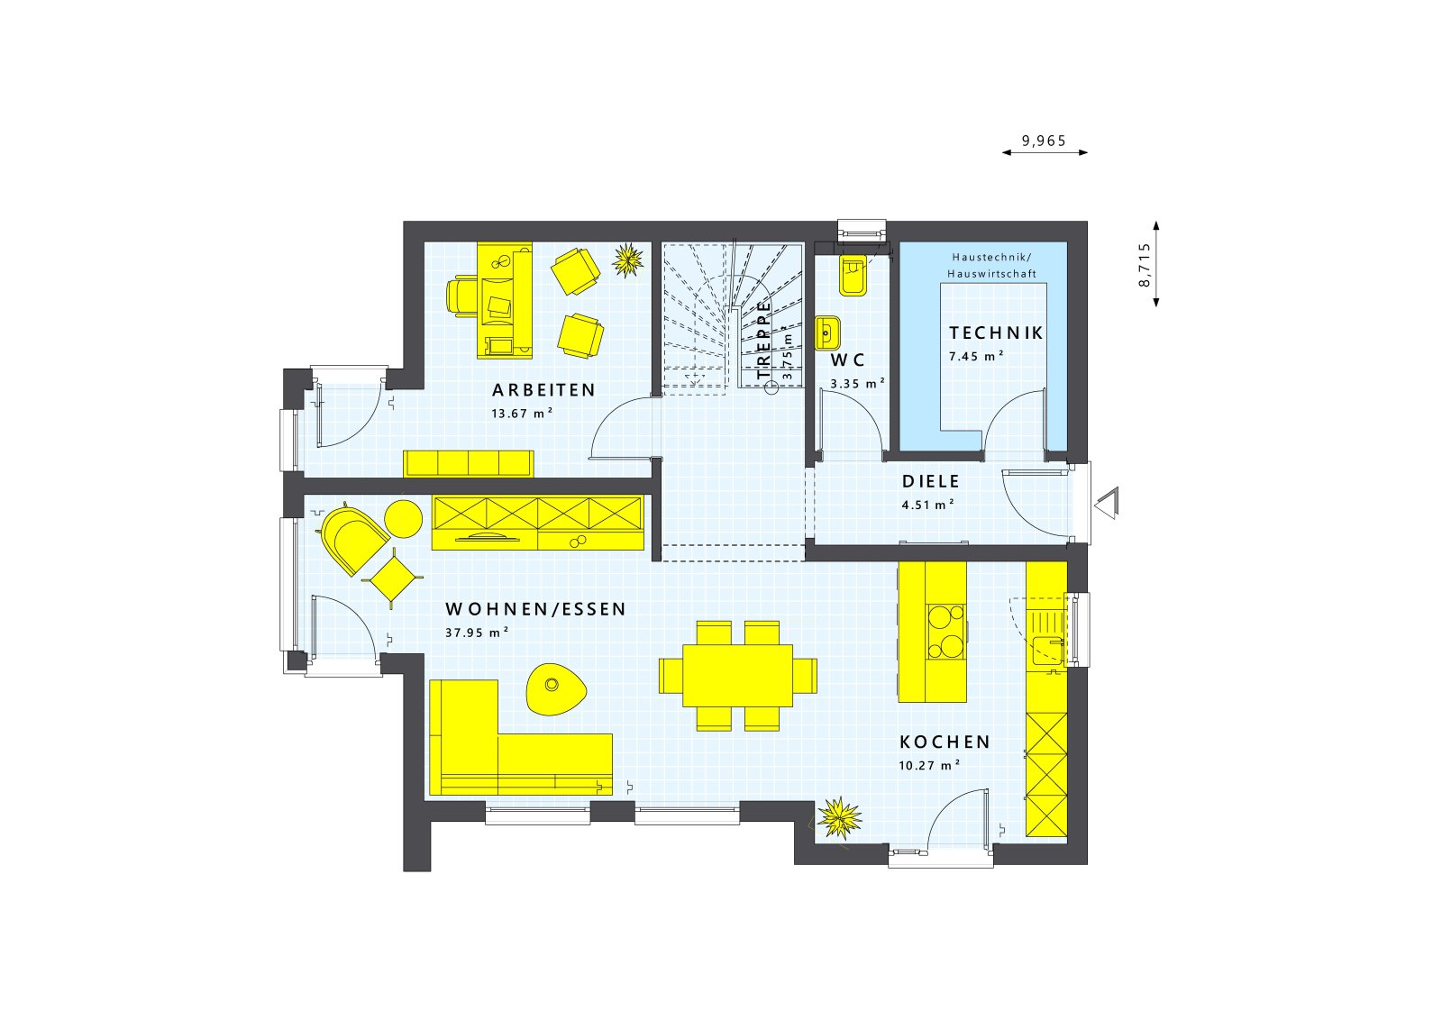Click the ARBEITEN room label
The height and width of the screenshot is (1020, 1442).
tap(543, 390)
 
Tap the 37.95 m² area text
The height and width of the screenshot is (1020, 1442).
tap(477, 633)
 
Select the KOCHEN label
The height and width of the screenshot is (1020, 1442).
tap(945, 742)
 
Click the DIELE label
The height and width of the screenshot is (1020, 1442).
tap(931, 482)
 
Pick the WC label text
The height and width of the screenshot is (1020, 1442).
tap(848, 360)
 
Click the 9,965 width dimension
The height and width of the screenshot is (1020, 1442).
tap(1044, 141)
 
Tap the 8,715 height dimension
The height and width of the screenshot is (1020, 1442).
tap(1145, 264)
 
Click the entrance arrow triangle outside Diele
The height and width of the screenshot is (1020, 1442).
tap(1108, 501)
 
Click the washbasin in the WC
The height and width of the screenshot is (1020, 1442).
tap(828, 332)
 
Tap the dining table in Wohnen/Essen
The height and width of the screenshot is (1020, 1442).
tap(737, 675)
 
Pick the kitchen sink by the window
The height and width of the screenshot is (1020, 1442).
tap(1048, 648)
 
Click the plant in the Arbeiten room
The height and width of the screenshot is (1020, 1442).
tap(628, 260)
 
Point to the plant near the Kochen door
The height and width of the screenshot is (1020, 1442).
tap(840, 818)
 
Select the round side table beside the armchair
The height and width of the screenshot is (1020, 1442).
tap(404, 518)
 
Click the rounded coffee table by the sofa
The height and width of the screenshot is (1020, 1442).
tap(555, 689)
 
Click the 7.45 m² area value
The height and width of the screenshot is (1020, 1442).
tap(976, 356)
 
